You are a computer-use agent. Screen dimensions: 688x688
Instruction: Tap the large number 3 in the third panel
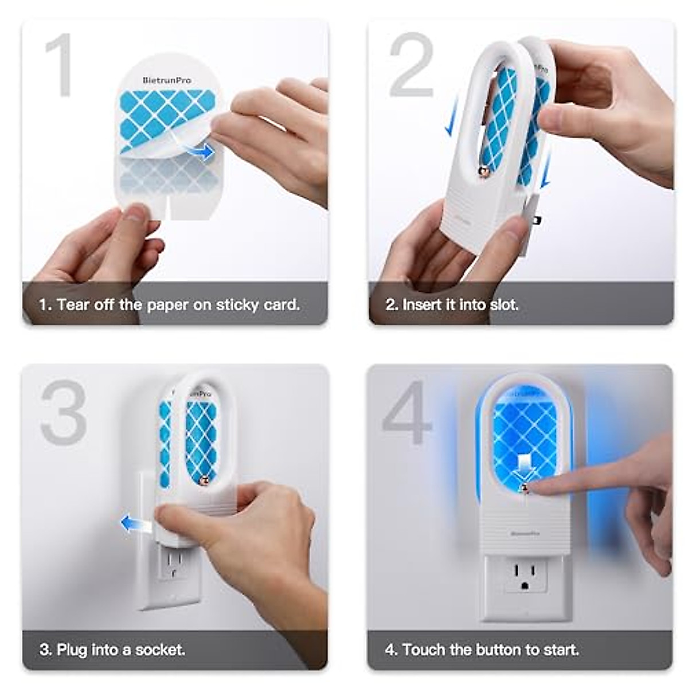pos(63,412)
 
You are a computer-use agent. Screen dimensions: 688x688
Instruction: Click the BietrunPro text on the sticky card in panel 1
pos(167,80)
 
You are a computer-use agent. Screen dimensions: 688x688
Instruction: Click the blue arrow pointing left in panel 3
pos(134,523)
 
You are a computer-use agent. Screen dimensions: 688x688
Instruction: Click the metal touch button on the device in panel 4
pos(524,488)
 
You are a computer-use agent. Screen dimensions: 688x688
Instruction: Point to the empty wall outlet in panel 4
pos(526,577)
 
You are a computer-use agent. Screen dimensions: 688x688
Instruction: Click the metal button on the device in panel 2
pos(483,171)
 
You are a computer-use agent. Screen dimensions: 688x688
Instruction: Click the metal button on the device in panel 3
pos(203,480)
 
